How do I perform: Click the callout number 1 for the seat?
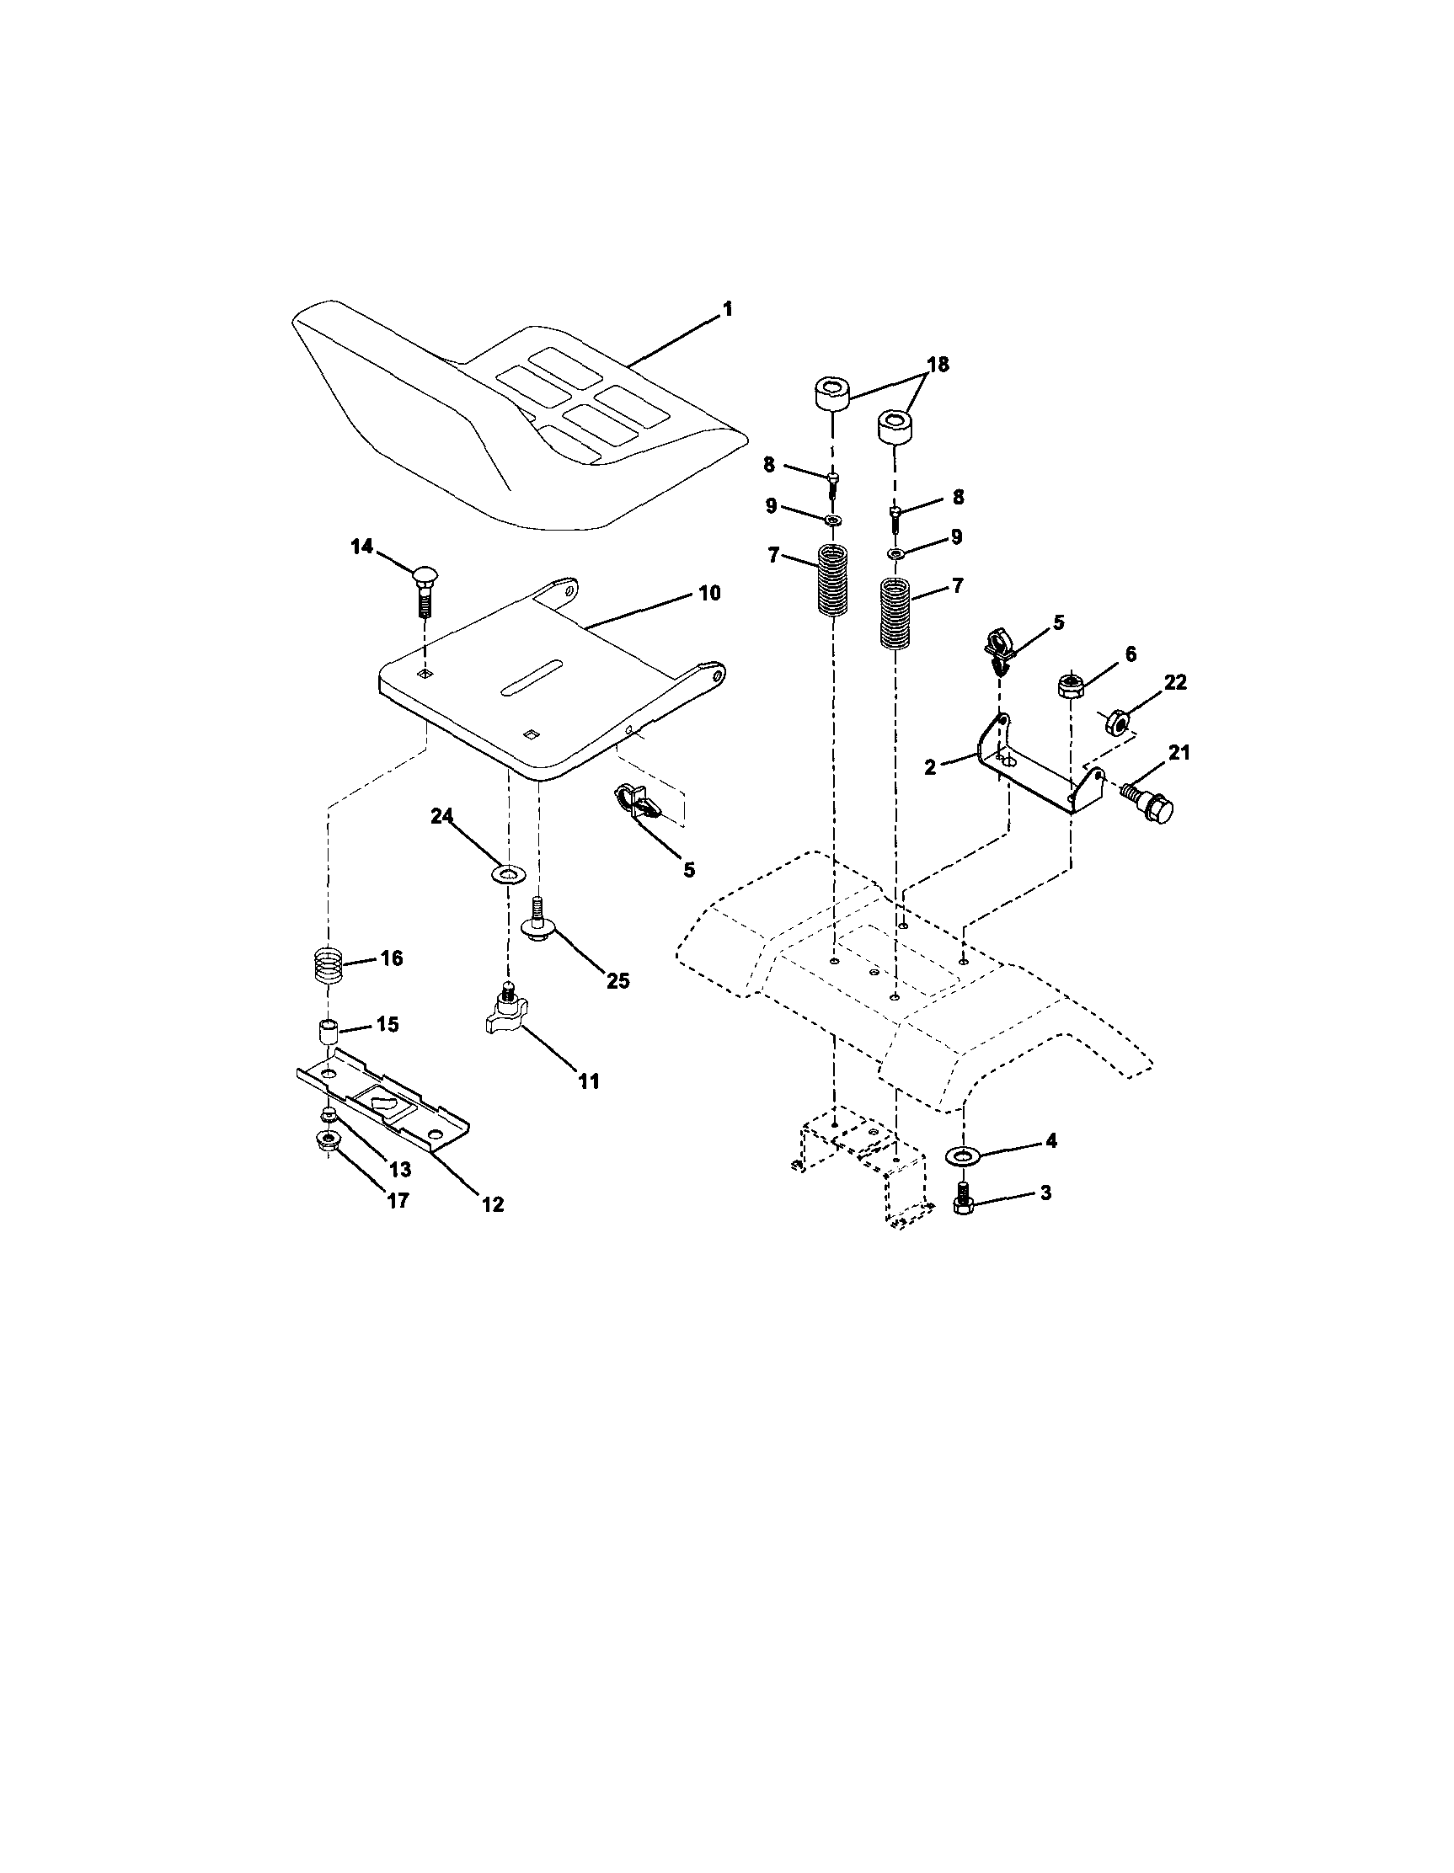(x=728, y=310)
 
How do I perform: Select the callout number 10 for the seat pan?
(x=708, y=594)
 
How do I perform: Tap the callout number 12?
(x=491, y=1204)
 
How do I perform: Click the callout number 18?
(x=938, y=365)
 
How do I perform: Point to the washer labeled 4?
(x=965, y=1155)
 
